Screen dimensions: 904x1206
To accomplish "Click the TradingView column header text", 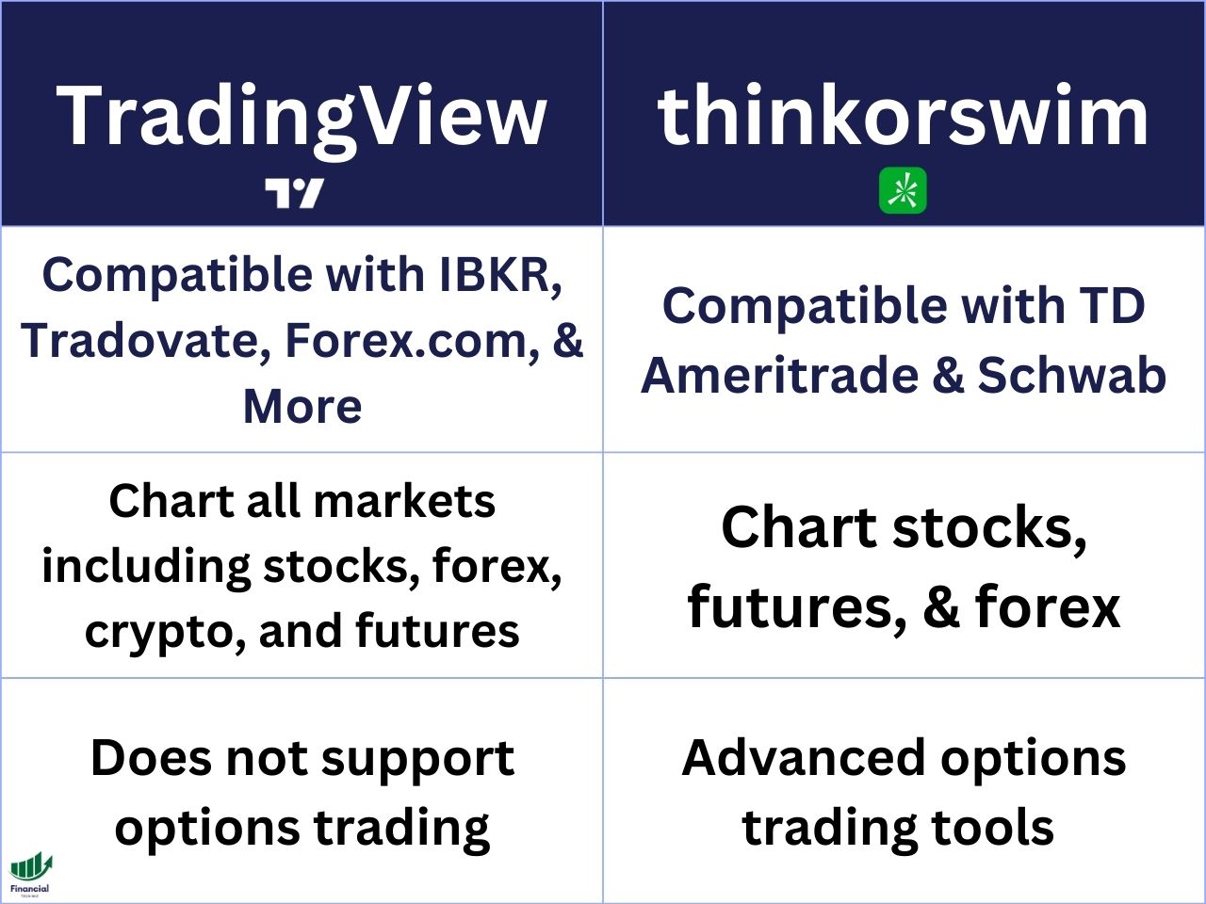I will pos(301,115).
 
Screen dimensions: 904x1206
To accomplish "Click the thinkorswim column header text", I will pos(904,115).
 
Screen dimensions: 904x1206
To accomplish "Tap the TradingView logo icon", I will pos(294,193).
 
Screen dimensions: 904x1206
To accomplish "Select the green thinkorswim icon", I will pos(903,191).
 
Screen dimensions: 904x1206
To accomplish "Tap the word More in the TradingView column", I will pos(301,406).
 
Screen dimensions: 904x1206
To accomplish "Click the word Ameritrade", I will pos(779,375).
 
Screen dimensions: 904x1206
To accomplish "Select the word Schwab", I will pos(1071,375).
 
